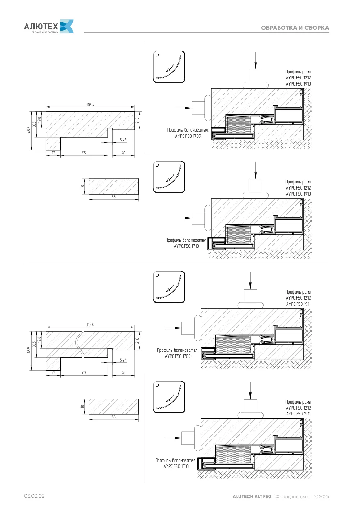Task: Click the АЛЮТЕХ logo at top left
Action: click(x=49, y=27)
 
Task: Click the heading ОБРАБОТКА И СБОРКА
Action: click(x=295, y=28)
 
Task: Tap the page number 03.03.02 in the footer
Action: click(x=34, y=496)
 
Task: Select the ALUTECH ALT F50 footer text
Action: click(x=252, y=496)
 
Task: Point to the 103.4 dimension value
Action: click(x=90, y=105)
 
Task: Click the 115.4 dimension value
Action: click(x=90, y=324)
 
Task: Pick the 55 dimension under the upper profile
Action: click(x=84, y=153)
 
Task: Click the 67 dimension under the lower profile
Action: click(x=84, y=373)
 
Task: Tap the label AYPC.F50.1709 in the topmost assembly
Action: click(x=188, y=136)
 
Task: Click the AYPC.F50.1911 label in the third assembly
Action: click(x=298, y=304)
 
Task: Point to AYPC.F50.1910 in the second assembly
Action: click(x=298, y=194)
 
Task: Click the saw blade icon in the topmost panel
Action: click(x=169, y=67)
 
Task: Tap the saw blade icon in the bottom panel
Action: click(x=169, y=397)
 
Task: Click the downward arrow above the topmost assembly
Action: click(x=255, y=60)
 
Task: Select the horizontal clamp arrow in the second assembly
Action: click(x=183, y=218)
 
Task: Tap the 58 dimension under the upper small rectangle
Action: click(x=113, y=197)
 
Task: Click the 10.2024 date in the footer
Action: click(x=321, y=497)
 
